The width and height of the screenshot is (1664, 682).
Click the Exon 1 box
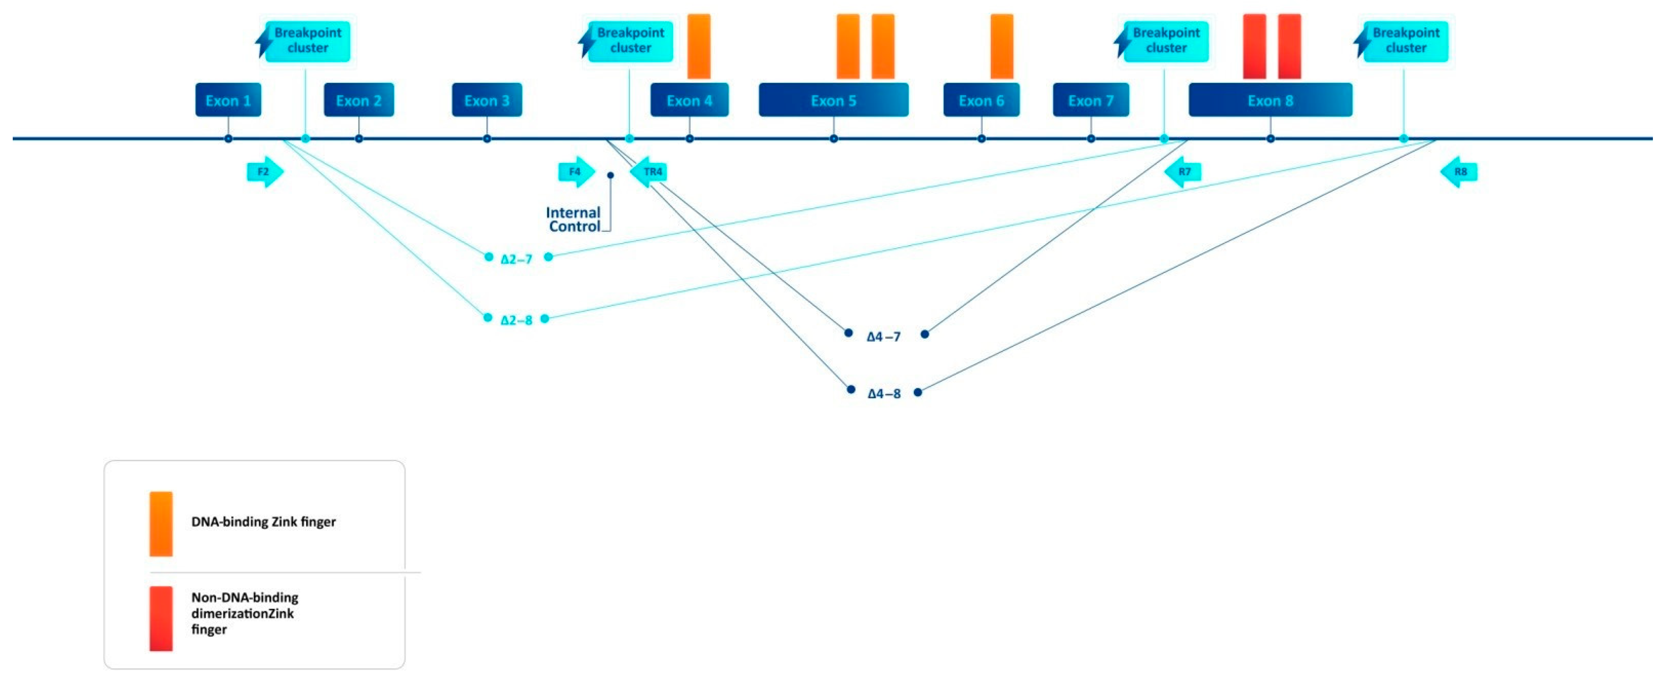click(x=228, y=100)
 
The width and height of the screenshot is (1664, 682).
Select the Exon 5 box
click(x=833, y=100)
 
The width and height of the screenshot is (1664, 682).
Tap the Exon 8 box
click(x=1270, y=100)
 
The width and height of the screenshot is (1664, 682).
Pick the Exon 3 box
click(x=487, y=100)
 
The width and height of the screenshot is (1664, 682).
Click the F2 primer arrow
click(x=265, y=172)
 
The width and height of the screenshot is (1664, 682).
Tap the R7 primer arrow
click(x=1183, y=172)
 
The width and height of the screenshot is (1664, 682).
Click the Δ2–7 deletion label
click(x=517, y=259)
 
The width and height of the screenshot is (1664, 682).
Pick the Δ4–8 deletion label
click(x=884, y=394)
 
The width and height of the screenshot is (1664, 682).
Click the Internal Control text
click(x=573, y=220)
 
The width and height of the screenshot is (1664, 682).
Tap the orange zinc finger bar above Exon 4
click(x=699, y=46)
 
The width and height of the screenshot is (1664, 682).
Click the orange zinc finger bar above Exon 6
click(x=1002, y=46)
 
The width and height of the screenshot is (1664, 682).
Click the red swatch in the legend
click(x=161, y=618)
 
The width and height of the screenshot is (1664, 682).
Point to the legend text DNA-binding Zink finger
click(x=263, y=522)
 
